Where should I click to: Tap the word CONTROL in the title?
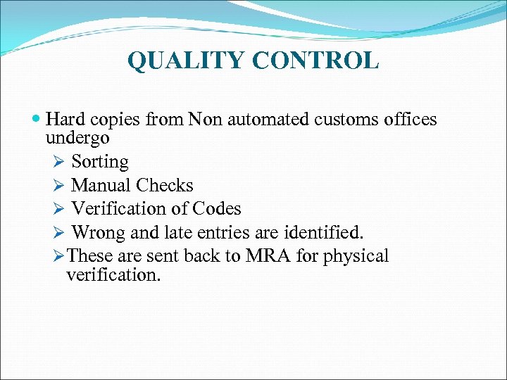[315, 61]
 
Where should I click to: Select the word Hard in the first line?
[65, 120]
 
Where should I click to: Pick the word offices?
[411, 120]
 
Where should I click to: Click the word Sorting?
[100, 162]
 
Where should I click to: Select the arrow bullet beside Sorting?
[58, 163]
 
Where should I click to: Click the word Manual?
[101, 185]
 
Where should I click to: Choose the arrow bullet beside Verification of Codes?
[58, 210]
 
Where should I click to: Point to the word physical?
[356, 256]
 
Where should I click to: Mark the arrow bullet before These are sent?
[58, 256]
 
